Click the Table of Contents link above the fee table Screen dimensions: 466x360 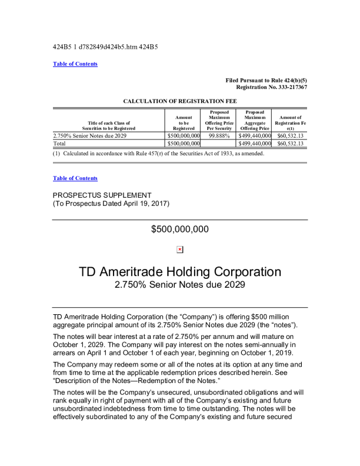point(75,64)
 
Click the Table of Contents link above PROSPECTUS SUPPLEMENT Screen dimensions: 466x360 point(75,178)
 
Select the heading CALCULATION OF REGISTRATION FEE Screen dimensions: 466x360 point(180,101)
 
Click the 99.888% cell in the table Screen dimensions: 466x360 point(219,135)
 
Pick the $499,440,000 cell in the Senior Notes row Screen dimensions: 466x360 point(254,135)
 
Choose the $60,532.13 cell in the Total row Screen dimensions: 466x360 point(290,143)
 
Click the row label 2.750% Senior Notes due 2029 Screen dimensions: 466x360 point(89,135)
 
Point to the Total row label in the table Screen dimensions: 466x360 point(59,143)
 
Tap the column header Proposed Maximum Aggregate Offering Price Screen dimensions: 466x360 point(255,120)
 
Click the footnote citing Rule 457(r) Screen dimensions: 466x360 point(159,154)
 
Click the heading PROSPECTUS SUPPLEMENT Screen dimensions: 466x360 point(102,195)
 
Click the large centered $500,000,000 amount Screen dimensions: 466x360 point(180,229)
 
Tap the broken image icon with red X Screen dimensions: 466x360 point(180,249)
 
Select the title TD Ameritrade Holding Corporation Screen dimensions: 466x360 point(180,272)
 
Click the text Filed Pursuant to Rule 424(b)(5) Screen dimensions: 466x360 point(266,80)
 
